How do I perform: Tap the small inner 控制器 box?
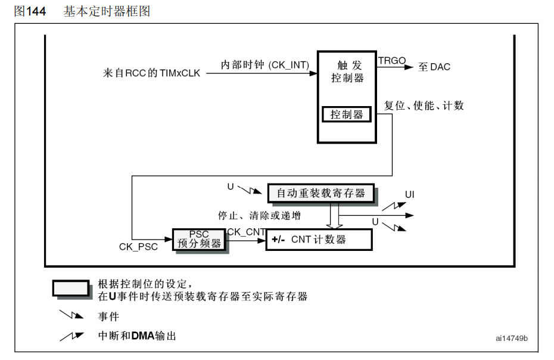point(346,114)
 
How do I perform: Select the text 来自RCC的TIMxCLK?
point(151,73)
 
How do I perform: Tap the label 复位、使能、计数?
point(424,106)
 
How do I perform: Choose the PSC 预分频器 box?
point(199,239)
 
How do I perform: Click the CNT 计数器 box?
point(319,240)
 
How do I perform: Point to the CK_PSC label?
point(138,247)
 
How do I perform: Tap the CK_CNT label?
point(244,231)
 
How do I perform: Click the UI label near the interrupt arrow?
point(410,195)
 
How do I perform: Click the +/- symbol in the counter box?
point(278,240)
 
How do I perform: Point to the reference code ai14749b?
point(511,339)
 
